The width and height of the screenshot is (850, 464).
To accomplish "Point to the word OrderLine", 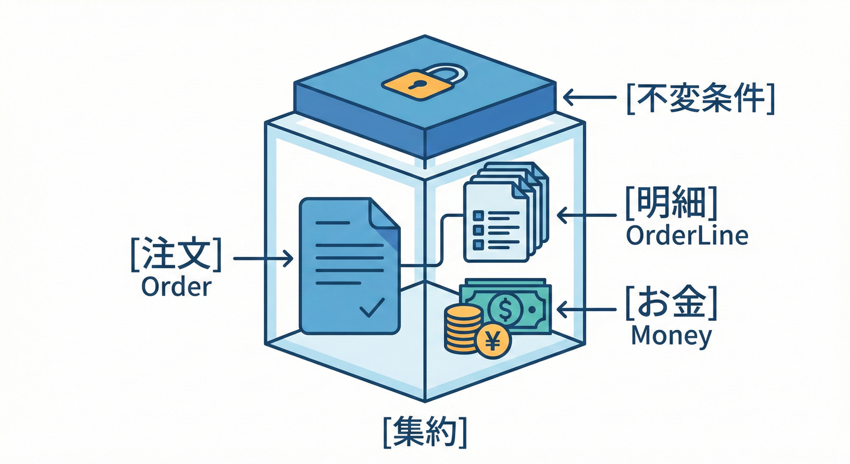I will pos(687,236).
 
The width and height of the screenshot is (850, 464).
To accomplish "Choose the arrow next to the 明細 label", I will pos(586,215).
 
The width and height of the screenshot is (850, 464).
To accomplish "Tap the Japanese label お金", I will pos(671,305).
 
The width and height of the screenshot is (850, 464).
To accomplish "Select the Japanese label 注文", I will pos(175,256).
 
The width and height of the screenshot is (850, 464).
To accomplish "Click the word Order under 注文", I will pos(176,286).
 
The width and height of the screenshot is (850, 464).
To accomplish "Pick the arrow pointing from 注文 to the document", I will pos(263,259).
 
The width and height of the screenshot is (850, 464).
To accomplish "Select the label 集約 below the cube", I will pos(425,431).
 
